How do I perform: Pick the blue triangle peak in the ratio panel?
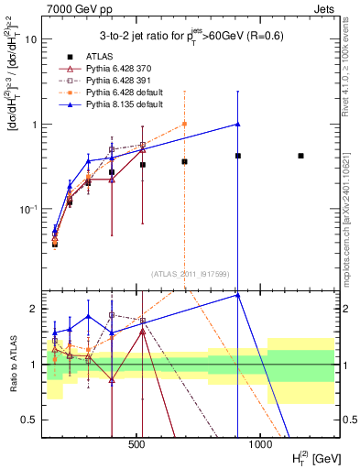click(x=237, y=295)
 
